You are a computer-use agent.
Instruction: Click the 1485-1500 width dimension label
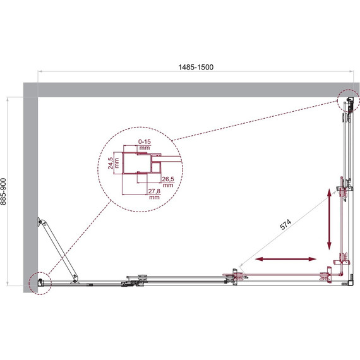(x=196, y=68)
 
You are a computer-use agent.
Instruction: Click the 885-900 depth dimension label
(x=3, y=191)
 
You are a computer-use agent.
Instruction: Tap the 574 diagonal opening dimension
(x=285, y=224)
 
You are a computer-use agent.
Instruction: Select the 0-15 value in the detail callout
(x=145, y=141)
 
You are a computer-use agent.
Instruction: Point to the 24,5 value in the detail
(x=111, y=163)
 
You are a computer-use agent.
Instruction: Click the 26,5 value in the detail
(x=168, y=179)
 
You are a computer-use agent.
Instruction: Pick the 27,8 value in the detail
(x=154, y=191)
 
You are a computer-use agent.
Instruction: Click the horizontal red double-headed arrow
(x=285, y=259)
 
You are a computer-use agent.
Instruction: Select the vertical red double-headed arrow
(x=329, y=219)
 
